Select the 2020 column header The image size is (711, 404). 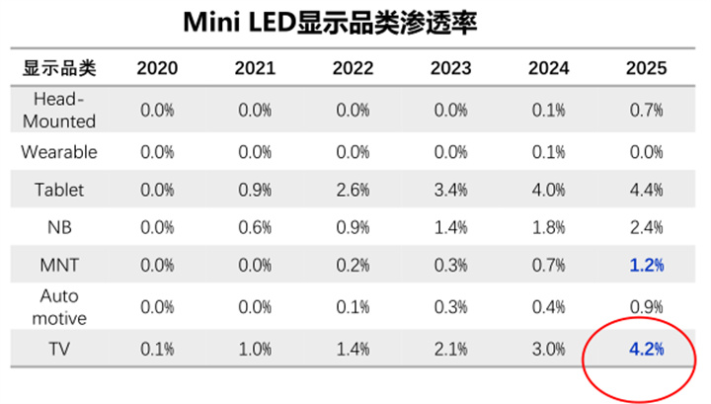[157, 68]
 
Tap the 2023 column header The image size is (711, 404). [451, 68]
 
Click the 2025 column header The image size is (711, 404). [647, 68]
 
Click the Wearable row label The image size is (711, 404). [59, 152]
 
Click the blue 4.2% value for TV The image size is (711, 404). [647, 349]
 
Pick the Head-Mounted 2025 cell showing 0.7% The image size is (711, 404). [647, 110]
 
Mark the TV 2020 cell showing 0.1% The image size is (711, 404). [157, 349]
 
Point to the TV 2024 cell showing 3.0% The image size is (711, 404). [549, 349]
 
